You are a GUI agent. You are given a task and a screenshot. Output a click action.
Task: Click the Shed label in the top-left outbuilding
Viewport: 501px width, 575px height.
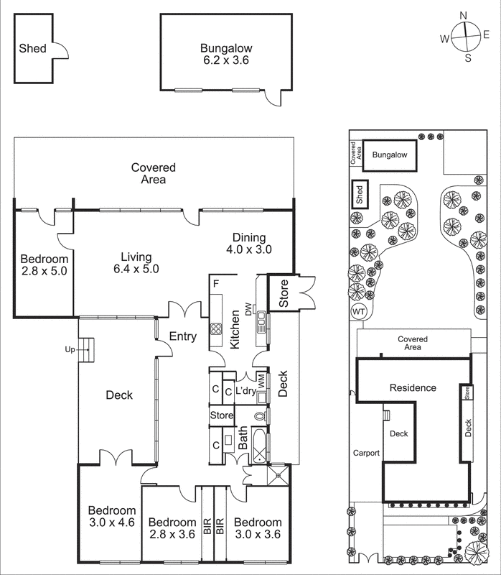[33, 49]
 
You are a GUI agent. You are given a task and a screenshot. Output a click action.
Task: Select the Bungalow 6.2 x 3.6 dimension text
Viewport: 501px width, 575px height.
[225, 61]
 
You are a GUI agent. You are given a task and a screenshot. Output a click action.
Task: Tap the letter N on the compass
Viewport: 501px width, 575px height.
[464, 14]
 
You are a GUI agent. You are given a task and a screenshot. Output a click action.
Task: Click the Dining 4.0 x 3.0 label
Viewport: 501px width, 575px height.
[248, 244]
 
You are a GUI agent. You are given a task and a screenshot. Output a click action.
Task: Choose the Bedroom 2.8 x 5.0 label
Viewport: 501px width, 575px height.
[44, 265]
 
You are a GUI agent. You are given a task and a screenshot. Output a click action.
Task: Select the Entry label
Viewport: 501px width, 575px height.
[183, 336]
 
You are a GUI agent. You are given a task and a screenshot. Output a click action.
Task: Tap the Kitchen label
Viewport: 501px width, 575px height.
[235, 333]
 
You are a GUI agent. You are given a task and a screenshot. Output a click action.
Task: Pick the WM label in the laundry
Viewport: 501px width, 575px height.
[261, 381]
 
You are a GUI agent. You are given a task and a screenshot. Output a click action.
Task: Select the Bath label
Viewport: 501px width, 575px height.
[243, 438]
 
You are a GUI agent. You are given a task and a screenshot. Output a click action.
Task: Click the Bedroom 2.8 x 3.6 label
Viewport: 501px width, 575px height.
[172, 528]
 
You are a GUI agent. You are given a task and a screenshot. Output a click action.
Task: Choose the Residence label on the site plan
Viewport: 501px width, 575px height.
[413, 387]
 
